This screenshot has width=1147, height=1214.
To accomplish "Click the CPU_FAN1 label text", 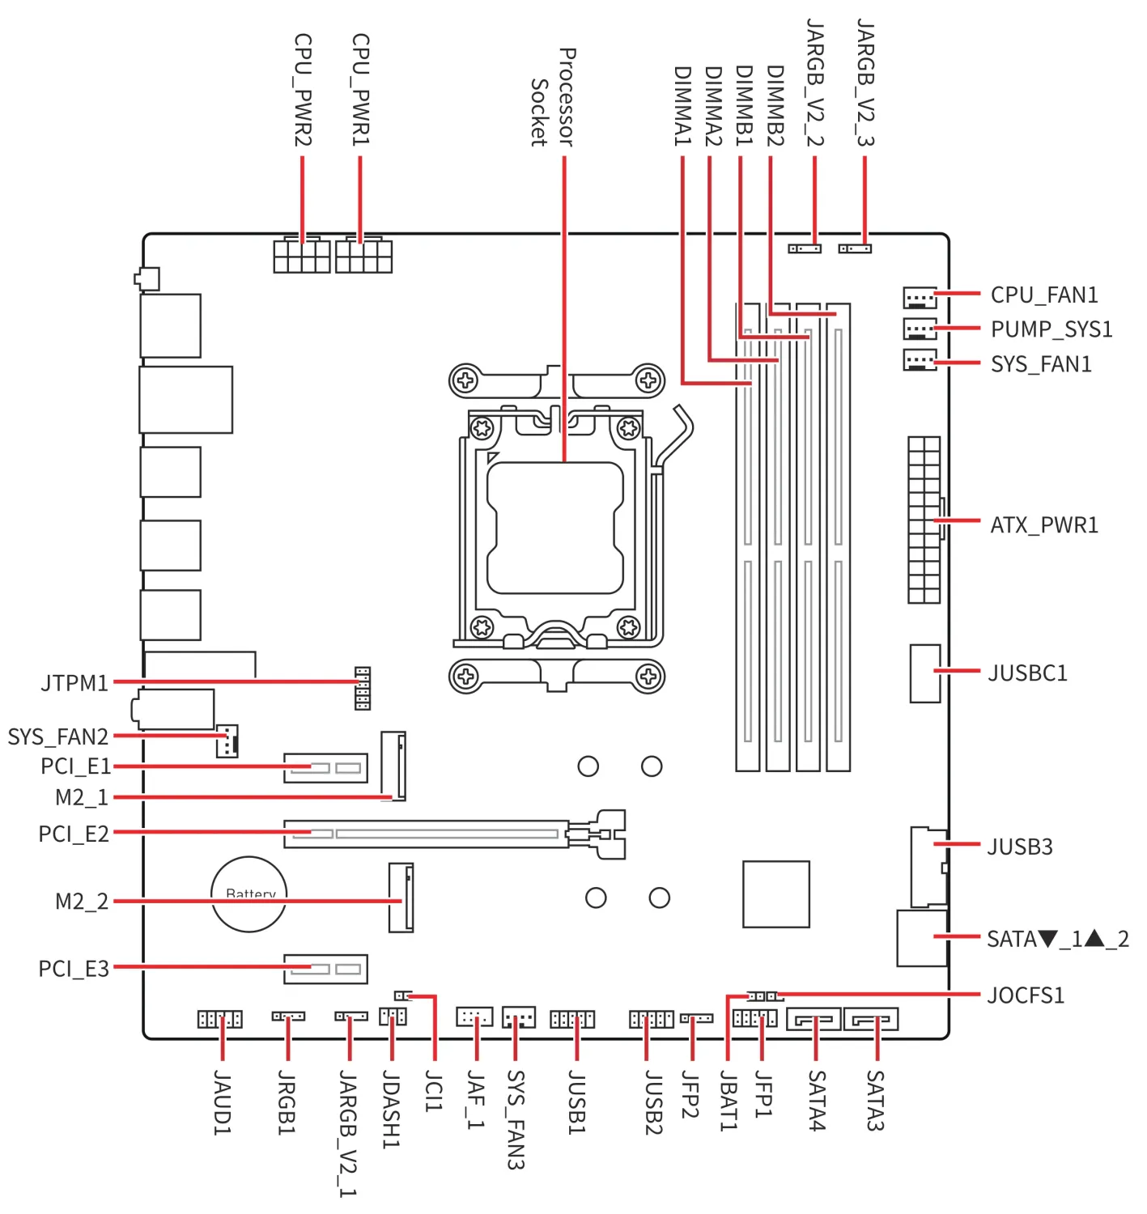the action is tap(1043, 295).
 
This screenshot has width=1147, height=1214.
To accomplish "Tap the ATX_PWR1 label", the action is tap(1043, 525).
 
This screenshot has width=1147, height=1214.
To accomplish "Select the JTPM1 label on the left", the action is tap(74, 683).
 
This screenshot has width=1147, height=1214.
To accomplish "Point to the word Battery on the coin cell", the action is tap(251, 894).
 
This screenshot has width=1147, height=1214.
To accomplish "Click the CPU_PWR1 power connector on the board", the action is tap(363, 255).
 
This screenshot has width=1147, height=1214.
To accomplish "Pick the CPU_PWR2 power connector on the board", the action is tap(302, 255).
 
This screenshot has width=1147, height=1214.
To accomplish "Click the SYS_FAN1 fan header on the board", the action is tap(920, 360).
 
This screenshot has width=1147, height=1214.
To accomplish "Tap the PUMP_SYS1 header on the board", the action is tap(920, 329).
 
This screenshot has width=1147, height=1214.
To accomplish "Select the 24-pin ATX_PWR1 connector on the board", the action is tap(924, 520).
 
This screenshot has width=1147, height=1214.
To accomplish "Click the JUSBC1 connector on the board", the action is tap(925, 673).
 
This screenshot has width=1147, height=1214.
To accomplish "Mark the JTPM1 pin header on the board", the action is tap(363, 688).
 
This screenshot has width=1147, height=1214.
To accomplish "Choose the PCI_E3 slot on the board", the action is tap(325, 969).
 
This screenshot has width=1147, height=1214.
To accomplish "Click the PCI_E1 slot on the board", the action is tap(325, 768).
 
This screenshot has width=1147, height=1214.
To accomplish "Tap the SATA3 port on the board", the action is tap(871, 1019).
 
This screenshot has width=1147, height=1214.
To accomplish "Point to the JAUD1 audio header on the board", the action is tap(220, 1019).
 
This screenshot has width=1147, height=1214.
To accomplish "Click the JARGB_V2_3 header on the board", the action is tap(855, 248).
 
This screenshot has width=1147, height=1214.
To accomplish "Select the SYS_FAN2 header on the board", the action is tap(227, 741).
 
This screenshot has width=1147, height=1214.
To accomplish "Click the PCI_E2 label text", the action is tap(74, 834).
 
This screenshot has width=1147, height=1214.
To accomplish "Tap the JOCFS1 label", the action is tap(1026, 995).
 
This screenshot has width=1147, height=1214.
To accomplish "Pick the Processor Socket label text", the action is tap(552, 97).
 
